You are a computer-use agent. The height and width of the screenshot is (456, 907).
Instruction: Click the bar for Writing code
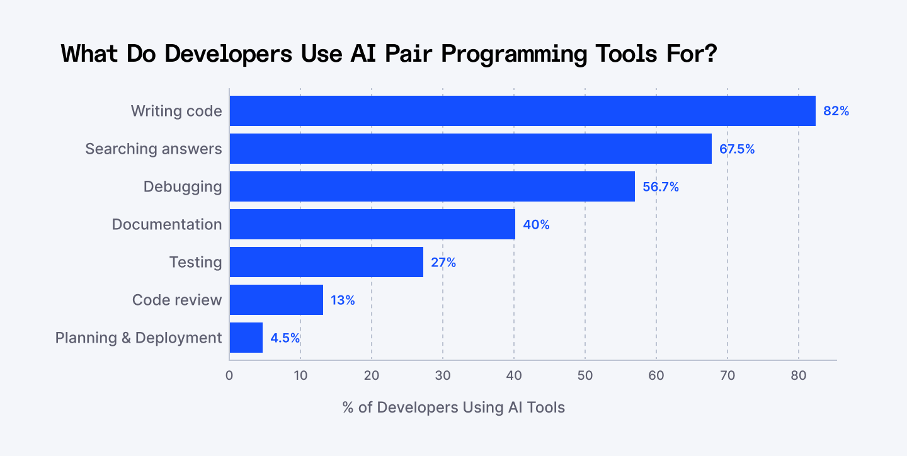tap(522, 111)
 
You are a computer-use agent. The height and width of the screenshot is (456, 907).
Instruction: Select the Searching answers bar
tap(471, 149)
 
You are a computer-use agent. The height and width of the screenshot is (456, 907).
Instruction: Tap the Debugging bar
tap(432, 186)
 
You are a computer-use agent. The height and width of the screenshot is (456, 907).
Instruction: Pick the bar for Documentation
tap(372, 224)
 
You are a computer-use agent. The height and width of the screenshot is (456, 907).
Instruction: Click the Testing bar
tap(326, 262)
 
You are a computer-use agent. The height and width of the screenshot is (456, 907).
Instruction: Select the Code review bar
tap(277, 300)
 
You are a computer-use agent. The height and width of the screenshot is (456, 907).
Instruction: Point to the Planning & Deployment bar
tap(246, 338)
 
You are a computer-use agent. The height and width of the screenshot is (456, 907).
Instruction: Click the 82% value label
tap(836, 111)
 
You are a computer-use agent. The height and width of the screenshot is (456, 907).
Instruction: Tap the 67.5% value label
tap(737, 149)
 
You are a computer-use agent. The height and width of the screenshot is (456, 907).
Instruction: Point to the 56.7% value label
tap(661, 187)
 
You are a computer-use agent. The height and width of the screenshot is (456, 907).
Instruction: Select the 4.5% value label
tap(285, 338)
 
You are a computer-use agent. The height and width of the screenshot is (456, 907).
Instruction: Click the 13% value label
tap(343, 300)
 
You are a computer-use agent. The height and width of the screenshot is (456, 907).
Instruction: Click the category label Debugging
tap(183, 187)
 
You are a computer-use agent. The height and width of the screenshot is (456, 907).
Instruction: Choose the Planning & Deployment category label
tap(139, 338)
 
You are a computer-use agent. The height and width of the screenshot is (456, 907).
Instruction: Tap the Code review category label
tap(177, 300)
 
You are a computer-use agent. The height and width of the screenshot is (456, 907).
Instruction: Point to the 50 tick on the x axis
tap(585, 376)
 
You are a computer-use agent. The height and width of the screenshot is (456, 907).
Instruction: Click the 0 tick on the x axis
tap(229, 376)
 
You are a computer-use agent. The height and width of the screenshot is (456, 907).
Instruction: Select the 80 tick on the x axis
tap(799, 376)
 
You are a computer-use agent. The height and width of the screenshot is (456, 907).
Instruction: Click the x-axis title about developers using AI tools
tap(453, 408)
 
